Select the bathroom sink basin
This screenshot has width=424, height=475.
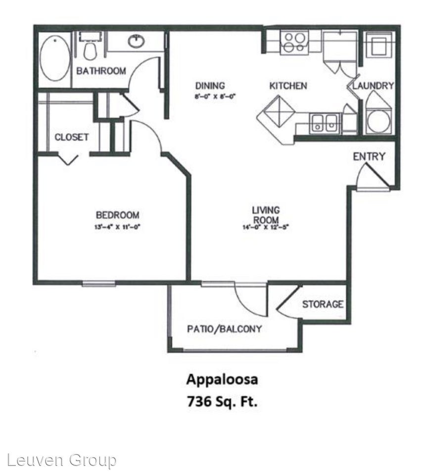click(x=136, y=42)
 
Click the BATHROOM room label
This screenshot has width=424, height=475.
click(x=101, y=71)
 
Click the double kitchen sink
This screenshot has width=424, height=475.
click(x=324, y=122)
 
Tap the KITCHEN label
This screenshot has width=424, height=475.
click(x=288, y=86)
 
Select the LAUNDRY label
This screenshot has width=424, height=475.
click(x=374, y=86)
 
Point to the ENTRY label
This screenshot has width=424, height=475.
click(x=369, y=157)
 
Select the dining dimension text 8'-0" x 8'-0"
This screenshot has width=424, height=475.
click(x=213, y=97)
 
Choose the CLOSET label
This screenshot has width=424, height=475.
click(x=72, y=137)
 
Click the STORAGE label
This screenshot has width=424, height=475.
click(x=323, y=304)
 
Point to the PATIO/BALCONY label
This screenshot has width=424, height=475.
click(x=224, y=329)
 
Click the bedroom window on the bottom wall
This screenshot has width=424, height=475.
click(x=99, y=284)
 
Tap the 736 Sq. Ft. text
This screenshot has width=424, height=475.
click(x=222, y=401)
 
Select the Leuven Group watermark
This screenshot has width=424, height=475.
click(x=58, y=460)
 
